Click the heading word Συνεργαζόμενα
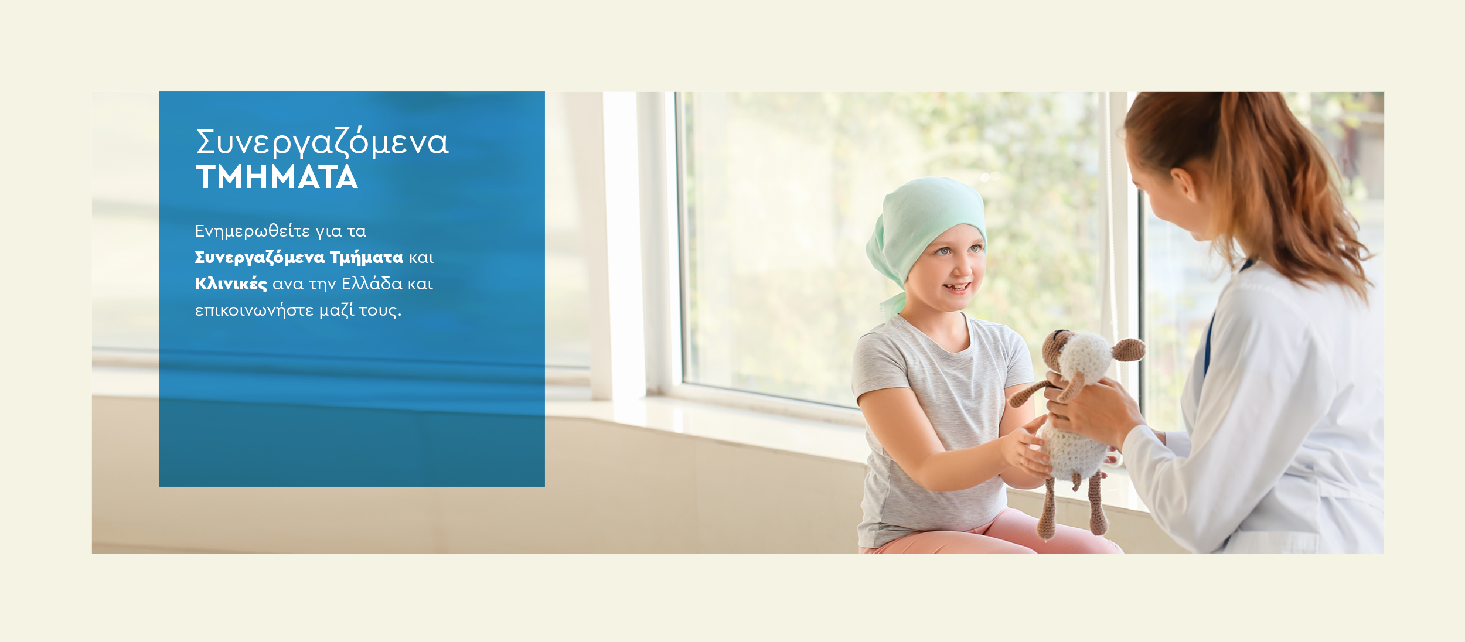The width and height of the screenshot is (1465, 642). [322, 143]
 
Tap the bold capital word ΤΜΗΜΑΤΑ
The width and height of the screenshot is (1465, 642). [277, 177]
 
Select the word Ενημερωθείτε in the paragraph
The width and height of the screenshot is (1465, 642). [253, 231]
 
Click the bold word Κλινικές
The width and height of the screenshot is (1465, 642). [231, 284]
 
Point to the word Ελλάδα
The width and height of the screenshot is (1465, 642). [372, 284]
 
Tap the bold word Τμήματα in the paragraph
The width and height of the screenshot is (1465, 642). [367, 258]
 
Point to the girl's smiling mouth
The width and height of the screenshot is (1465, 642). [958, 287]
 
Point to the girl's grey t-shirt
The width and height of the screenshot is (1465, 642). [938, 428]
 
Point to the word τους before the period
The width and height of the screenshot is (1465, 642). [378, 311]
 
